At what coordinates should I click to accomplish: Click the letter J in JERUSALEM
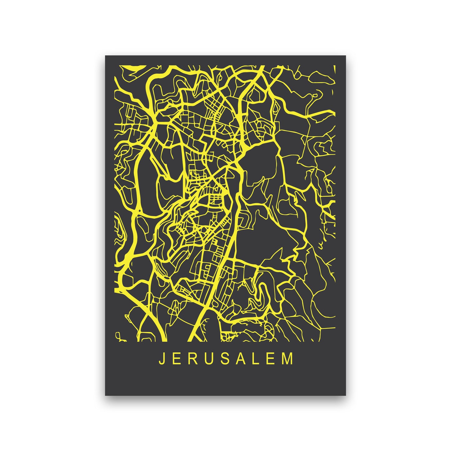pos(161,359)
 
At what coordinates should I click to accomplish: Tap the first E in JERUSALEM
pos(177,359)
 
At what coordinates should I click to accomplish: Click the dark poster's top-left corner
pos(105,56)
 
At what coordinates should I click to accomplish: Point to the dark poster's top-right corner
pos(346,56)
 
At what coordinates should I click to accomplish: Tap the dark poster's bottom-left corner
pos(105,395)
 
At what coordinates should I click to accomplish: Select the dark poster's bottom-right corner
pos(346,395)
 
